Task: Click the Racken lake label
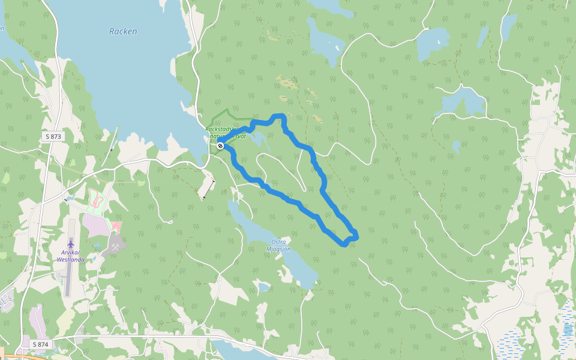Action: [x=123, y=31]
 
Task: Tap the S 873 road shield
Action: [x=53, y=137]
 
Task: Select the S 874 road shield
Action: [x=40, y=344]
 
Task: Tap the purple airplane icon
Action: [x=71, y=244]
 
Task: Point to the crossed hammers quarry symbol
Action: [x=115, y=247]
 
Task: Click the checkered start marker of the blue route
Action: [x=221, y=146]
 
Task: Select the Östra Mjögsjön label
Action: [x=278, y=245]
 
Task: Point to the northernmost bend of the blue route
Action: [x=278, y=115]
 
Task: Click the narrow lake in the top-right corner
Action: [x=508, y=25]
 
